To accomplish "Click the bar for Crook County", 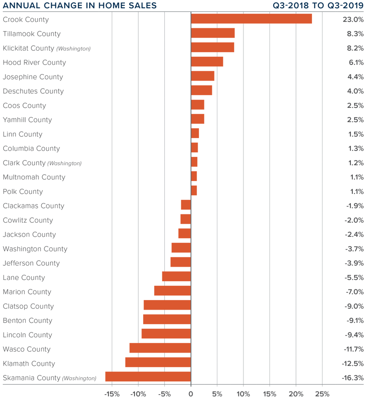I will click(251, 19).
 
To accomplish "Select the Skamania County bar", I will click(148, 377).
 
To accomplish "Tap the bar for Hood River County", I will click(207, 62).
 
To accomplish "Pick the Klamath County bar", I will click(158, 363).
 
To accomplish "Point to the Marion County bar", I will click(172, 291).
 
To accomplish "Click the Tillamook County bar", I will click(213, 33).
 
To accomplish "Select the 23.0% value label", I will click(353, 20).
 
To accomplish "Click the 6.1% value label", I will click(355, 63).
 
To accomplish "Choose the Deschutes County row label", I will click(33, 91).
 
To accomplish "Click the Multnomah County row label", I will click(34, 177).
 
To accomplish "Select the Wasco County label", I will click(27, 349).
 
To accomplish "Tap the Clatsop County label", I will click(28, 306).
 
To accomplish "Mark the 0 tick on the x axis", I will click(191, 394).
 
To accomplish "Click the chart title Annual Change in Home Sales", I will click(80, 6).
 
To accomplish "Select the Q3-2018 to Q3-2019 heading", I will click(316, 6).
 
